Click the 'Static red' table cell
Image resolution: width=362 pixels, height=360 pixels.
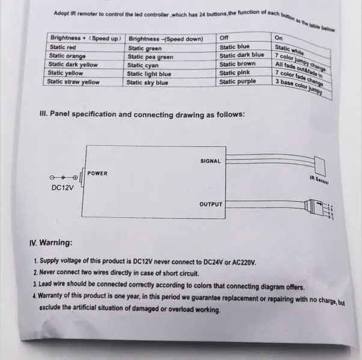(x=63, y=47)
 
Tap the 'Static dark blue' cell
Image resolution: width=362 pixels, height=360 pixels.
(x=241, y=55)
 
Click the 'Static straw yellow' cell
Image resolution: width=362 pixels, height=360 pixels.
(x=73, y=82)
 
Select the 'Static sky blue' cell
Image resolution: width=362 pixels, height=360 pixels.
(x=147, y=82)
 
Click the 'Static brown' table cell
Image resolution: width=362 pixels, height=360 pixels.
(x=237, y=64)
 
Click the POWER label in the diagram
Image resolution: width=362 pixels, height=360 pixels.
(x=97, y=174)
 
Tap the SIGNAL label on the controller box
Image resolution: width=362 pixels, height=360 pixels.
(x=210, y=161)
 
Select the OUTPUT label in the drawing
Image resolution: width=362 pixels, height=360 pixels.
(x=210, y=204)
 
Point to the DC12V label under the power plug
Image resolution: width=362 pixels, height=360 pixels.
(x=62, y=188)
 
